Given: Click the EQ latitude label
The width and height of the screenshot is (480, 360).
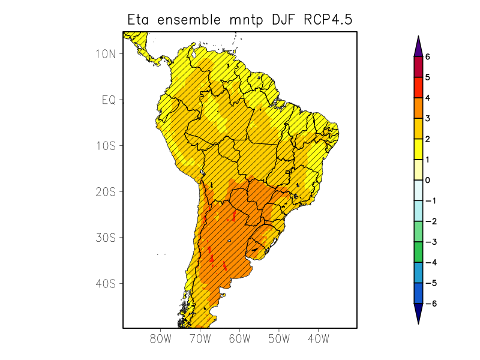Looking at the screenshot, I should pos(109,100).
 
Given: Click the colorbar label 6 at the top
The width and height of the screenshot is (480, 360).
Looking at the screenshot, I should pos(428,57).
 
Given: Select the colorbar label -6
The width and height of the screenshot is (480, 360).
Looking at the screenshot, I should pos(429,304).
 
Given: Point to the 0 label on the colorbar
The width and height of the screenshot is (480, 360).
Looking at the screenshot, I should pos(428,180).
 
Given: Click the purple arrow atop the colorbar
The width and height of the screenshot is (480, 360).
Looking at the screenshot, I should pos(418,47).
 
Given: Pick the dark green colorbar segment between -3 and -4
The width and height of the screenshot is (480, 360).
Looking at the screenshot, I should pos(418,252).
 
